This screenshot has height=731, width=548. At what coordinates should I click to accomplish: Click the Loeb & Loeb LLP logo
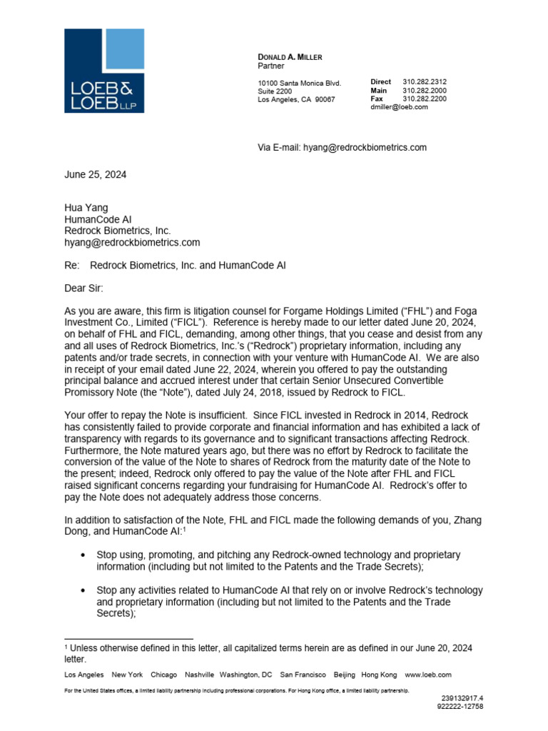pos(104,71)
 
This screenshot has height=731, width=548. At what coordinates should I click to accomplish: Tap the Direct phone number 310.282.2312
pos(425,83)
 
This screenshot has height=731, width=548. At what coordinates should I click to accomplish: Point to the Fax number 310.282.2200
pos(425,99)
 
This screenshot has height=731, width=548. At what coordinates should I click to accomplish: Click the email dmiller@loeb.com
pos(399,107)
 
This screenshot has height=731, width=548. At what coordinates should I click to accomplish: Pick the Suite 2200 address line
pos(275,91)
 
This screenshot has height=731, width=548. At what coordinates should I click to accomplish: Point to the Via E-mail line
pos(342,148)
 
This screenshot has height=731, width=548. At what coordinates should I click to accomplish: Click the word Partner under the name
pos(270,66)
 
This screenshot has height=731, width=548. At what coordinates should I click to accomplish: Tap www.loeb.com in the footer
pos(428,675)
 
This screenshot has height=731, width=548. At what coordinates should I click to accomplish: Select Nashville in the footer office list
pos(199,675)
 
